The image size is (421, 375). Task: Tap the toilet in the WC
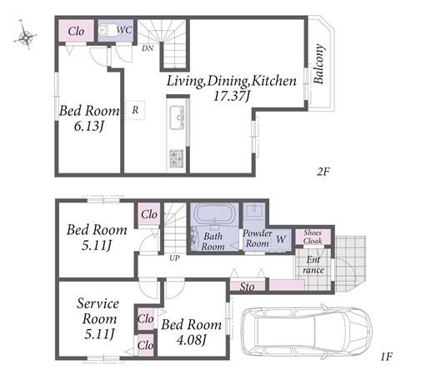(106, 30)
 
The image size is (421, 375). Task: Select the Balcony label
(318, 63)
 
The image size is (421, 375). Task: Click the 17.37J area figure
(232, 96)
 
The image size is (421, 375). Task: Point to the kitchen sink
(177, 117)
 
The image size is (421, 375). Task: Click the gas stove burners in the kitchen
(176, 158)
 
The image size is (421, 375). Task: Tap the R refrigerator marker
(135, 110)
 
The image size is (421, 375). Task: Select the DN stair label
(148, 48)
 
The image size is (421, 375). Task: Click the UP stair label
(174, 258)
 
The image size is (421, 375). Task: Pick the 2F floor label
(323, 172)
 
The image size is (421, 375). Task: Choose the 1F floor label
(386, 357)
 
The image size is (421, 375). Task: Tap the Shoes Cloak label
(313, 237)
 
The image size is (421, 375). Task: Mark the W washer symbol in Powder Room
(281, 239)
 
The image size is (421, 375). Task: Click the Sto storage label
(247, 287)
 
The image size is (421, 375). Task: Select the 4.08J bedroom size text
(192, 340)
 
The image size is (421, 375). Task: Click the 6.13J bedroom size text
(89, 127)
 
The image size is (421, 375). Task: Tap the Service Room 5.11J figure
(99, 334)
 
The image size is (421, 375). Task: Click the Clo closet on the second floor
(76, 31)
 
